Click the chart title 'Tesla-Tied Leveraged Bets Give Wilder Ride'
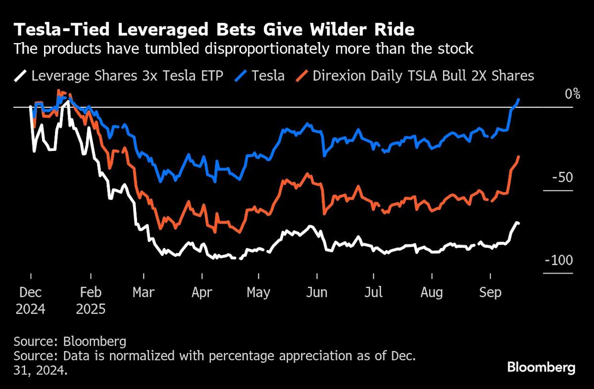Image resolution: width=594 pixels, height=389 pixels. point(214,30)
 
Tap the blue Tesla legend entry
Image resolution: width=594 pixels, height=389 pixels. point(262,76)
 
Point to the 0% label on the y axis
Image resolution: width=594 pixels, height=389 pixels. point(572,94)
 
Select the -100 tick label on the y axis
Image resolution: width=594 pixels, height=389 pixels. point(559,260)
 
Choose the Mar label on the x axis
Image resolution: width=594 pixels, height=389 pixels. point(144,292)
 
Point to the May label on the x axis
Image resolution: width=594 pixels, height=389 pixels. point(258,292)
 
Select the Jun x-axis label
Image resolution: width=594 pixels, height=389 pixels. point(316,292)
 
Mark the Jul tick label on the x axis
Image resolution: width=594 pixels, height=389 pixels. point(373,292)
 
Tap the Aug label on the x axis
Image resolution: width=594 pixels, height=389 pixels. point(432,292)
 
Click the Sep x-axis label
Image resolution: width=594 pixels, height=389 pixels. point(490,292)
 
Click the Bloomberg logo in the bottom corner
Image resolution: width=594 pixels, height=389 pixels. point(541,368)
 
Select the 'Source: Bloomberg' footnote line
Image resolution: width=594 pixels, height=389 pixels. point(70,341)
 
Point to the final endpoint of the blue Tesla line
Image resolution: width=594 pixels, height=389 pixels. point(518,99)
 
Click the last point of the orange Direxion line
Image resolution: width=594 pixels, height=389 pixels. point(518,157)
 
